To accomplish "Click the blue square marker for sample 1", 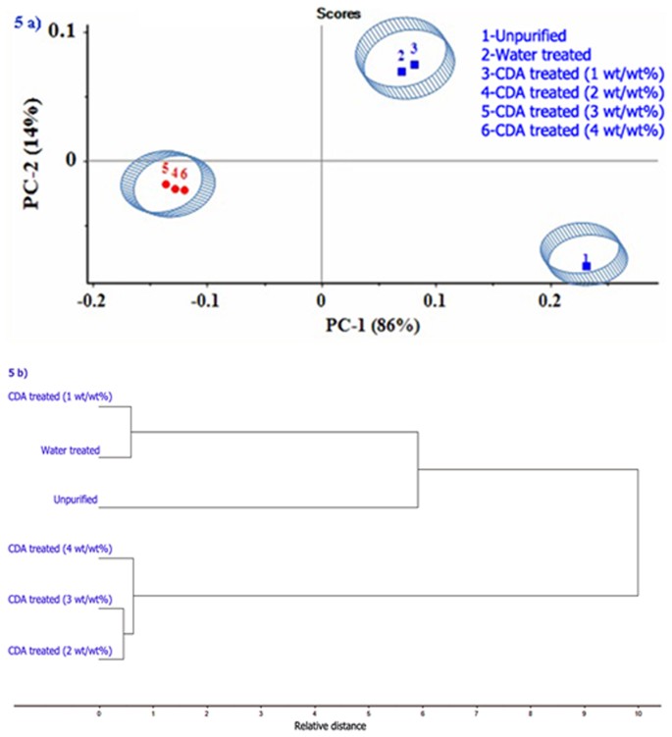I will click(587, 266).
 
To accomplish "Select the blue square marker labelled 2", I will click(401, 72).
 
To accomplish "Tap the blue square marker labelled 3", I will click(415, 65).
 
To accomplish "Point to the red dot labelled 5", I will click(166, 184).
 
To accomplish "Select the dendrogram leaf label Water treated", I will click(71, 451).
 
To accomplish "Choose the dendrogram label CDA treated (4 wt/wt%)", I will click(59, 548).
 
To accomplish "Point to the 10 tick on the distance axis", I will click(639, 715).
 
